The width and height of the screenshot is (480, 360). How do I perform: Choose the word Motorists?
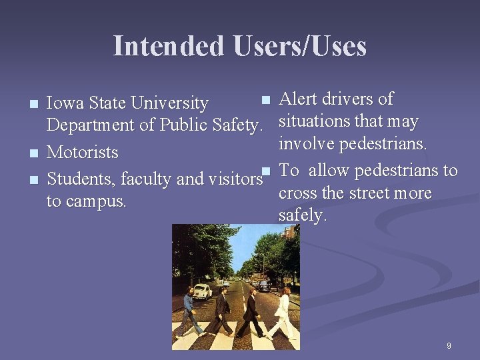pyautogui.click(x=82, y=153)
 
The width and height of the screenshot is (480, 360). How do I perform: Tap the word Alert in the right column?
pyautogui.click(x=298, y=99)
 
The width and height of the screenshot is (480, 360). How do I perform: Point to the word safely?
pyautogui.click(x=302, y=215)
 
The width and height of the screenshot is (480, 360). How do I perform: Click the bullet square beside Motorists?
pyautogui.click(x=34, y=153)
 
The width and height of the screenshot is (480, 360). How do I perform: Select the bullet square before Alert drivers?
pyautogui.click(x=266, y=100)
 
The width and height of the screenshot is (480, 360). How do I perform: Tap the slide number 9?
pyautogui.click(x=449, y=345)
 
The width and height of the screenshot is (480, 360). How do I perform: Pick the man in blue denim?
pyautogui.click(x=189, y=313)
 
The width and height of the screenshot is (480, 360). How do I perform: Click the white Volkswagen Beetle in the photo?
pyautogui.click(x=202, y=291)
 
